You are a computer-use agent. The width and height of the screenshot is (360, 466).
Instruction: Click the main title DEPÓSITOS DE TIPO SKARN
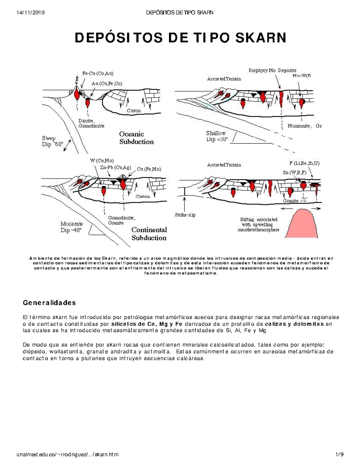[180, 38]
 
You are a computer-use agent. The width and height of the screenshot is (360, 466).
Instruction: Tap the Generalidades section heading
[49, 302]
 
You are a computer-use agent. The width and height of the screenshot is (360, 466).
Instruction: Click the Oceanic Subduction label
[136, 138]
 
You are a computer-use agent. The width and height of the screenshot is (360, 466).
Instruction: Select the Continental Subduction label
[149, 234]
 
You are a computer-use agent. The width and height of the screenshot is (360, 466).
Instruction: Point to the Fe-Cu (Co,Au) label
[98, 73]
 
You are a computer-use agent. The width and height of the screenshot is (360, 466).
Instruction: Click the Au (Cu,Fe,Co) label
[107, 84]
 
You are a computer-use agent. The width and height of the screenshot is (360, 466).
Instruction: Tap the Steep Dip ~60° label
[52, 141]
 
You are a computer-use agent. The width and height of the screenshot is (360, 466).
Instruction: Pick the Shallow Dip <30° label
[217, 136]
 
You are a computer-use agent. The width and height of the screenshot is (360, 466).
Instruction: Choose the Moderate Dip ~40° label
[71, 227]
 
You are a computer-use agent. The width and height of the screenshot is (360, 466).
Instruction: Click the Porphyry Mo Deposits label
[272, 71]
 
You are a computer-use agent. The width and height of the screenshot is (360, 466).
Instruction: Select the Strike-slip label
[185, 215]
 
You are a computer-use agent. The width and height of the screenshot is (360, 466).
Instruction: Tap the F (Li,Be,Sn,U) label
[304, 163]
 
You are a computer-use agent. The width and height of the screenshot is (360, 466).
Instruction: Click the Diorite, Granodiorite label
[91, 123]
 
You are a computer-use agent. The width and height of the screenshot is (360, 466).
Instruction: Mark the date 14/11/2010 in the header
[31, 13]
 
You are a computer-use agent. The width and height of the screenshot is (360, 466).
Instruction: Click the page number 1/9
[340, 454]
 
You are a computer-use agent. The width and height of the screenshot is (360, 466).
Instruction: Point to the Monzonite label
[299, 126]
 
